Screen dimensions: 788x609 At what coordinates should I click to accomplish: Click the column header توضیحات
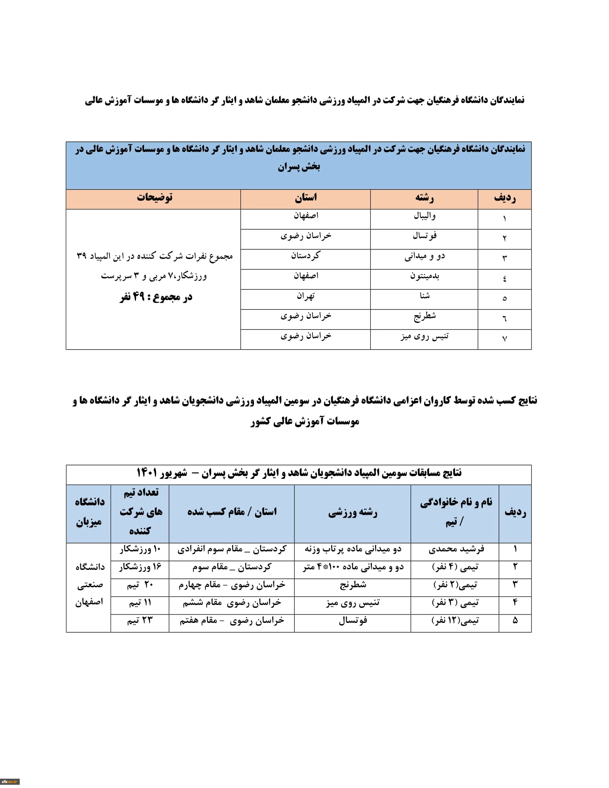(154, 198)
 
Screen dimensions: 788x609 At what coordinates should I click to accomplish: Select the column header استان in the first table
(306, 198)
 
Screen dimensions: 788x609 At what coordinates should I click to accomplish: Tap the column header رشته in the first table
(424, 198)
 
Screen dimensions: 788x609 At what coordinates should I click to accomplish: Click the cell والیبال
(425, 216)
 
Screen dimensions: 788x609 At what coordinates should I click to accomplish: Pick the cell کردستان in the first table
(306, 256)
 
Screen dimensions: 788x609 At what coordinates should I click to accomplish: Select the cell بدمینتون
(425, 276)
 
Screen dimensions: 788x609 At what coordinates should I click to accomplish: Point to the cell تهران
(306, 296)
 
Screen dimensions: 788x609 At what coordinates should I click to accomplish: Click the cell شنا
(425, 296)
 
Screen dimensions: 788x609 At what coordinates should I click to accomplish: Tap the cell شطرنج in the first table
(425, 316)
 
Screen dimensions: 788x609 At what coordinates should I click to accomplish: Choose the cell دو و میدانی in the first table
(425, 256)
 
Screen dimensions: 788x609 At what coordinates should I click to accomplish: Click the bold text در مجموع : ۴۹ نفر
(156, 297)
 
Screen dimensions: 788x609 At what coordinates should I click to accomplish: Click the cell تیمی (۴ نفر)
(455, 567)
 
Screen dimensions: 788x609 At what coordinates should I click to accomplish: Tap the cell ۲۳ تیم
(140, 620)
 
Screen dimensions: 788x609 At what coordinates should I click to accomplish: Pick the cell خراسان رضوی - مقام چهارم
(232, 585)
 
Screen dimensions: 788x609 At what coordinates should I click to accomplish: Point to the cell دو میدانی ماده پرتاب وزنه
(353, 549)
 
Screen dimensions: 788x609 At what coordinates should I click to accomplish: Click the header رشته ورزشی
(353, 513)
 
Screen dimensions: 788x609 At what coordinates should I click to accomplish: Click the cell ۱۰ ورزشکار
(140, 549)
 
